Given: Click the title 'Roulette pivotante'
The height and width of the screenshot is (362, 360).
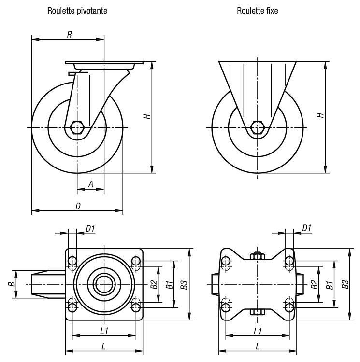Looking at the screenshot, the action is [x=77, y=11].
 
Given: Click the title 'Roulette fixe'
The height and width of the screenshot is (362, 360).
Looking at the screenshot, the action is [x=258, y=11].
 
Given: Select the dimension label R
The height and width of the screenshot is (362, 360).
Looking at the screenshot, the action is [x=69, y=35].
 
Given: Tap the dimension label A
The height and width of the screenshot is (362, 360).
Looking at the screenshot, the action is [x=91, y=184].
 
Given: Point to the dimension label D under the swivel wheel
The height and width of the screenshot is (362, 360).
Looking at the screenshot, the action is [x=78, y=206].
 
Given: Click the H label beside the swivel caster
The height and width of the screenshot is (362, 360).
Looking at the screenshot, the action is [x=147, y=116].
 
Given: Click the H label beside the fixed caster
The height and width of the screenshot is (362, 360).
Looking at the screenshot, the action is [x=321, y=115].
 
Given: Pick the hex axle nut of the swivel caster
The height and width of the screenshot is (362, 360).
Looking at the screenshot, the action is [x=77, y=127].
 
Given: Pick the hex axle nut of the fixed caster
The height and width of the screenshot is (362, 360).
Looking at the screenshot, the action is [x=258, y=127].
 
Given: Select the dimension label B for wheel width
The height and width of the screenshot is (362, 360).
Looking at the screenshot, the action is [x=12, y=284].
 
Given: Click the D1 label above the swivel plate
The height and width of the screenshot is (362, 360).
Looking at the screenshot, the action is [x=90, y=229].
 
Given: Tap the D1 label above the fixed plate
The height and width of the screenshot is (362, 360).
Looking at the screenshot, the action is [x=307, y=228].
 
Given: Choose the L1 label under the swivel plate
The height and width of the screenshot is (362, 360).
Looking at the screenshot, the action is [x=104, y=331].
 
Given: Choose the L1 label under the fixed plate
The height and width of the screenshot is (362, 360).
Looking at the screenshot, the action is [x=258, y=331].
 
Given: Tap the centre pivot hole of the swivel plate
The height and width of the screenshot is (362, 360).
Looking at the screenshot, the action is [x=104, y=284].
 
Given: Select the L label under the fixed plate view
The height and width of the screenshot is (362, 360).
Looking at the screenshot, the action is [x=258, y=346].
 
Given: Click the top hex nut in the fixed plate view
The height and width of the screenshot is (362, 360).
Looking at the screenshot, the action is [x=258, y=256].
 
